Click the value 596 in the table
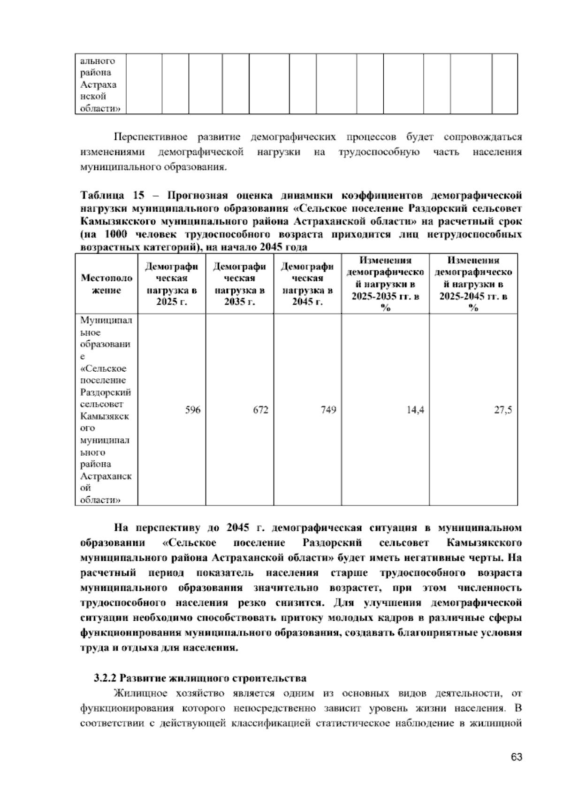coord(193,410)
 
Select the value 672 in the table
coord(260,410)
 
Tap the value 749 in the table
coord(328,410)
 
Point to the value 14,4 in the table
coord(415,410)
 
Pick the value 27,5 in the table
coord(503,410)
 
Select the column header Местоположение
coord(107,284)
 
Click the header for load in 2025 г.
coord(172,284)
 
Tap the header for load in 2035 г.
coord(239,284)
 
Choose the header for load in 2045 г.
coord(307,284)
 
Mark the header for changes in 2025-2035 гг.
coord(385,284)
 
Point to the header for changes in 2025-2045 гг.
coord(473,284)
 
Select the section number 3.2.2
coord(106,678)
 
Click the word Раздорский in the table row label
coord(106,392)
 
